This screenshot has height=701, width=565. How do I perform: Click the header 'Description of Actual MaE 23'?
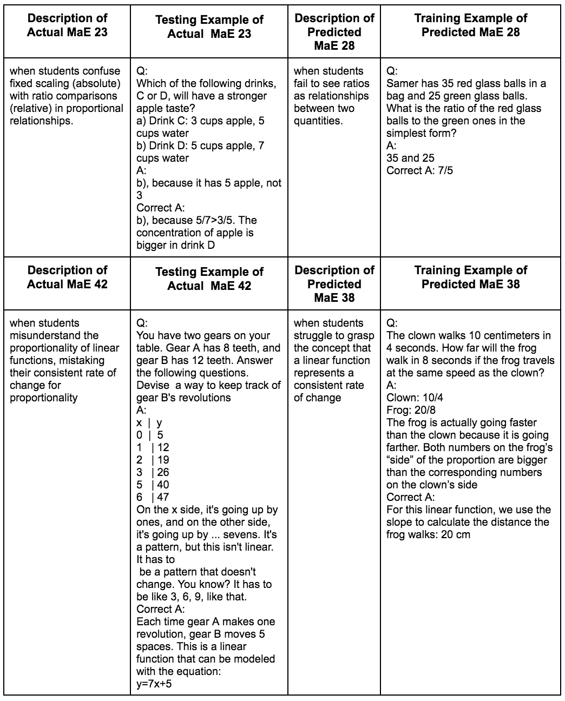click(x=67, y=25)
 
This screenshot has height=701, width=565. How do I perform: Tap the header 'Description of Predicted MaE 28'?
click(x=334, y=32)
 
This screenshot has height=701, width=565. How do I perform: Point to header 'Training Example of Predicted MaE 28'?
click(x=470, y=25)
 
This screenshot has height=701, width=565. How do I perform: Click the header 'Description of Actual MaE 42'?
click(x=67, y=277)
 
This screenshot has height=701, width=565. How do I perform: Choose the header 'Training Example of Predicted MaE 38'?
click(x=470, y=277)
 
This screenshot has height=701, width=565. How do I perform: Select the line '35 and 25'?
click(x=410, y=158)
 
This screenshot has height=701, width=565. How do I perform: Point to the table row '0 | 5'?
click(x=149, y=435)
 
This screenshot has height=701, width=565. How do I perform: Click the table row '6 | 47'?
click(x=153, y=497)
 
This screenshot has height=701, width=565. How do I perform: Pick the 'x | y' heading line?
click(x=149, y=422)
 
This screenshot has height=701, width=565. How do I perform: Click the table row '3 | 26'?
click(x=153, y=472)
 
